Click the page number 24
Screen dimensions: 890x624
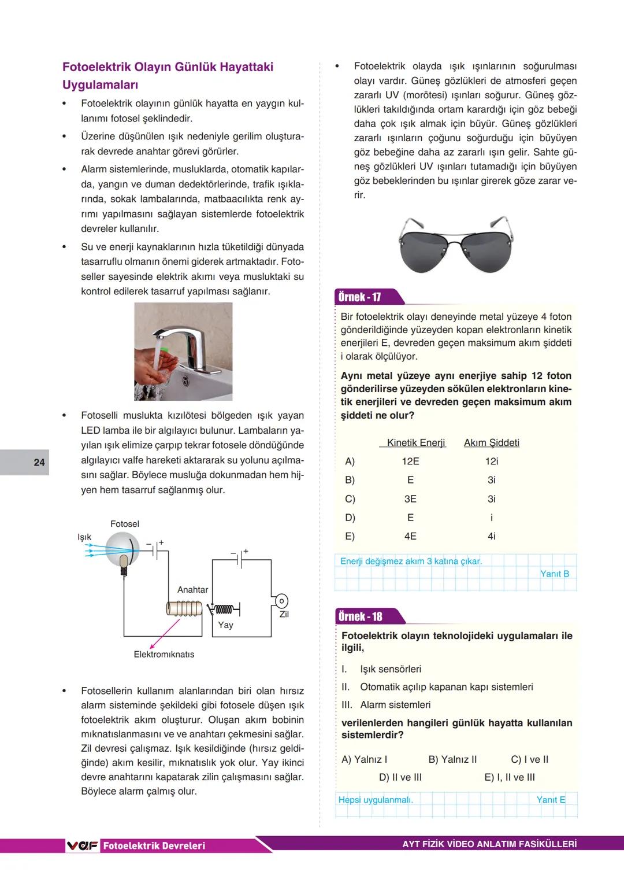tap(39, 462)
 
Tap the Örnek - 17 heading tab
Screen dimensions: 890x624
tap(360, 297)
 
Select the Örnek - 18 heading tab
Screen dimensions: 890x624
tap(361, 616)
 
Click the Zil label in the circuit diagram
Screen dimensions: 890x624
tap(284, 614)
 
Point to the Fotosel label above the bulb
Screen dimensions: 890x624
tap(125, 524)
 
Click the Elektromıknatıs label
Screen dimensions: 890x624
tap(164, 655)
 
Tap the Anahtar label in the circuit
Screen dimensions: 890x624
tap(192, 590)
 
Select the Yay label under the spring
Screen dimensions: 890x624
tap(225, 625)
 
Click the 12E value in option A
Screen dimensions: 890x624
tap(410, 461)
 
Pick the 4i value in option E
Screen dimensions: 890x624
tap(491, 537)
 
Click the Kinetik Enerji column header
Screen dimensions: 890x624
tap(415, 443)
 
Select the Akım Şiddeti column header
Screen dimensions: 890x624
tap(491, 443)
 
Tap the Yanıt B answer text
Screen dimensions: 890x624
tap(555, 574)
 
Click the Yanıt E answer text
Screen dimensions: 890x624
tap(551, 800)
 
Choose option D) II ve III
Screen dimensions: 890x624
tap(400, 778)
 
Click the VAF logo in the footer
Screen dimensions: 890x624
tap(83, 845)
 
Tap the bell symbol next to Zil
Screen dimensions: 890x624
tap(281, 601)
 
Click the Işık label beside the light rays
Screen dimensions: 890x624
tap(84, 537)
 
